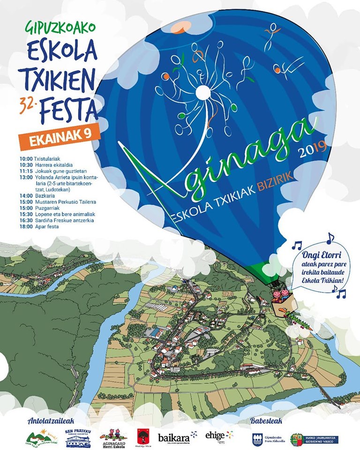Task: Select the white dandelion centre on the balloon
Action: click(x=202, y=93)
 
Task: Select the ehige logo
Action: click(x=218, y=435)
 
